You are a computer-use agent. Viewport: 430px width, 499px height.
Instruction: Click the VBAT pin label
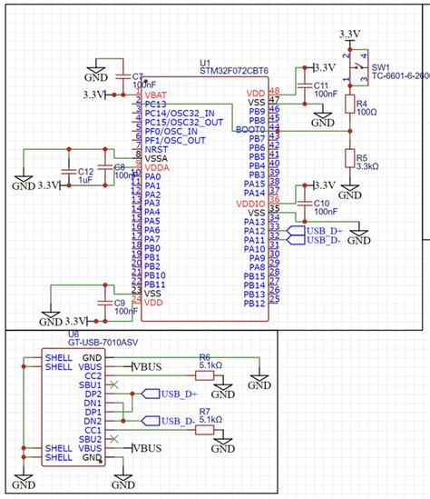[x=158, y=95]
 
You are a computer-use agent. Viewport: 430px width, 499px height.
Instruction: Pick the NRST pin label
[x=157, y=149]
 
